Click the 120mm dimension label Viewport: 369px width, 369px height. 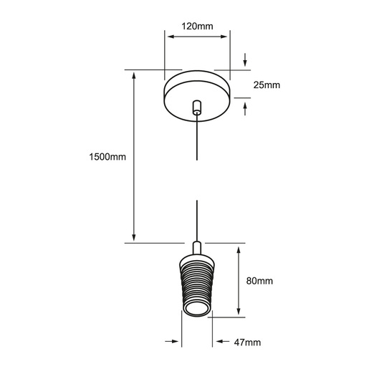197,26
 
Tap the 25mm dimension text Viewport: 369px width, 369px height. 267,85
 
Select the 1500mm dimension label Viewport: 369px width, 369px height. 107,157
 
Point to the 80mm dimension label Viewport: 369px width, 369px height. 259,281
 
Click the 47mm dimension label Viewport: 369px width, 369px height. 247,342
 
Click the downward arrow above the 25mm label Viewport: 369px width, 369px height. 245,59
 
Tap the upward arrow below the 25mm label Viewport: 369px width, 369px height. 245,109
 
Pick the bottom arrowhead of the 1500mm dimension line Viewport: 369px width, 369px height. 134,237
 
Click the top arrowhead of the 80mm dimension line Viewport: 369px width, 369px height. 239,251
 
